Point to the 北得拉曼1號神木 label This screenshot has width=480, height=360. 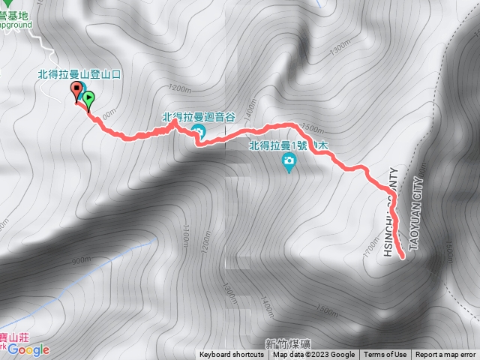(289, 145)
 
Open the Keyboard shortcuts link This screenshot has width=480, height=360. (232, 355)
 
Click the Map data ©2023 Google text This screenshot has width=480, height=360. (314, 355)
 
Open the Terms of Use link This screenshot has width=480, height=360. (385, 355)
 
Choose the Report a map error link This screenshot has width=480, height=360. (445, 355)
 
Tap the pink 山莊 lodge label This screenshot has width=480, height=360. (16, 340)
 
